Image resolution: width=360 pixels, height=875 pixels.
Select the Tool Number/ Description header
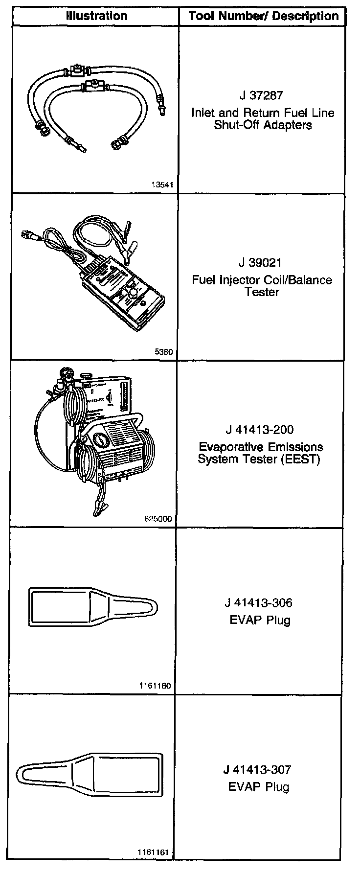click(263, 16)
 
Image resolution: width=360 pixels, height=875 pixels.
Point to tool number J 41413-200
click(260, 430)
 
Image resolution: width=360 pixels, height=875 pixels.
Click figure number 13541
click(162, 185)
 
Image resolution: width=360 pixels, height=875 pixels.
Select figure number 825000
click(159, 519)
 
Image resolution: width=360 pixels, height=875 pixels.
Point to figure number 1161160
click(156, 686)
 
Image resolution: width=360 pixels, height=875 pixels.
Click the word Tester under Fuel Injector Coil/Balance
click(262, 292)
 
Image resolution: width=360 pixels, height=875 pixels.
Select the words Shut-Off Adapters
click(263, 125)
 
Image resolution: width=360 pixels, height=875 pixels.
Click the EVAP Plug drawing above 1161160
click(93, 606)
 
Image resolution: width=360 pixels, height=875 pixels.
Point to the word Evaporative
click(229, 447)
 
